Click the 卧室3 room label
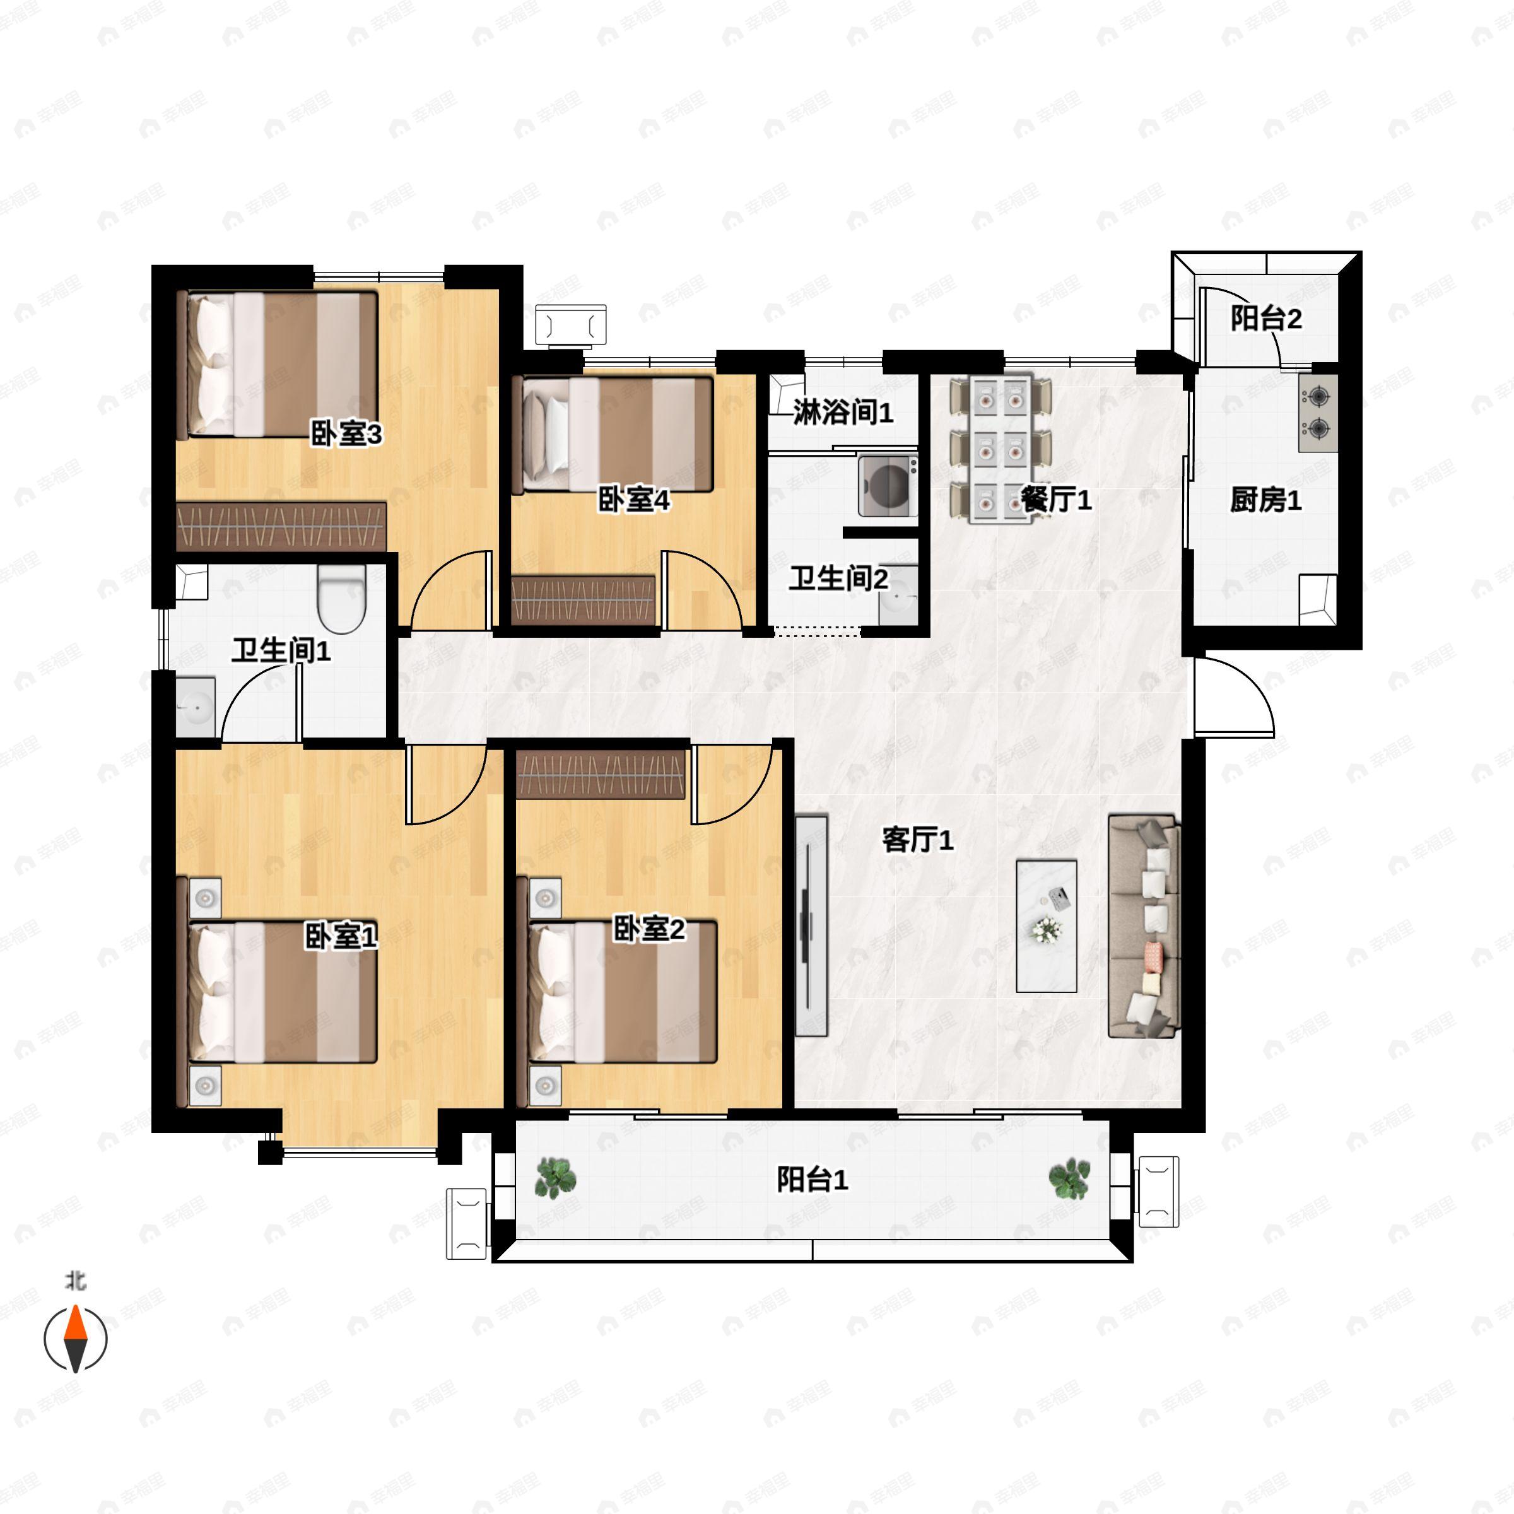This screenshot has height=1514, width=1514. point(346,433)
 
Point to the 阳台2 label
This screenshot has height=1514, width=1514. point(1266,318)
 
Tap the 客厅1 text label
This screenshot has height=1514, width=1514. point(918,840)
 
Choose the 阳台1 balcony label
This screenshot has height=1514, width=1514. point(813,1180)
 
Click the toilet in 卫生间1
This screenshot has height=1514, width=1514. point(342,599)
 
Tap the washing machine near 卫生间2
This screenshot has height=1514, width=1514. point(888,486)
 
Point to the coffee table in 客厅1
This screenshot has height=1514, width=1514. point(1046,925)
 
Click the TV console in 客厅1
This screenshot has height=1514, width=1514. point(812,925)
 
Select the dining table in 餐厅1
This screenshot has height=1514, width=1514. point(999,449)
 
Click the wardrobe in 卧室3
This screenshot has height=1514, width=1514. point(281,526)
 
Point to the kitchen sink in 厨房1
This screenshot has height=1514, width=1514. point(1317,599)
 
